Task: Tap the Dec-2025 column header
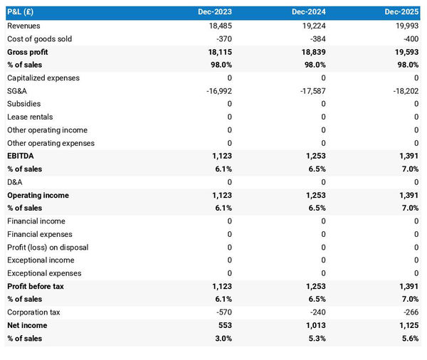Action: tap(402, 13)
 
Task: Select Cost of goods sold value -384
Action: tap(315, 39)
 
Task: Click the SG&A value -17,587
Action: tap(310, 91)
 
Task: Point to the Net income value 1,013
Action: tap(314, 325)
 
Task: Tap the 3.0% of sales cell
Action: tap(221, 339)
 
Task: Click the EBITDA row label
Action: tap(21, 156)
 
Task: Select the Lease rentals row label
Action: tap(30, 117)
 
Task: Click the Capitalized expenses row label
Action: tap(43, 78)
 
